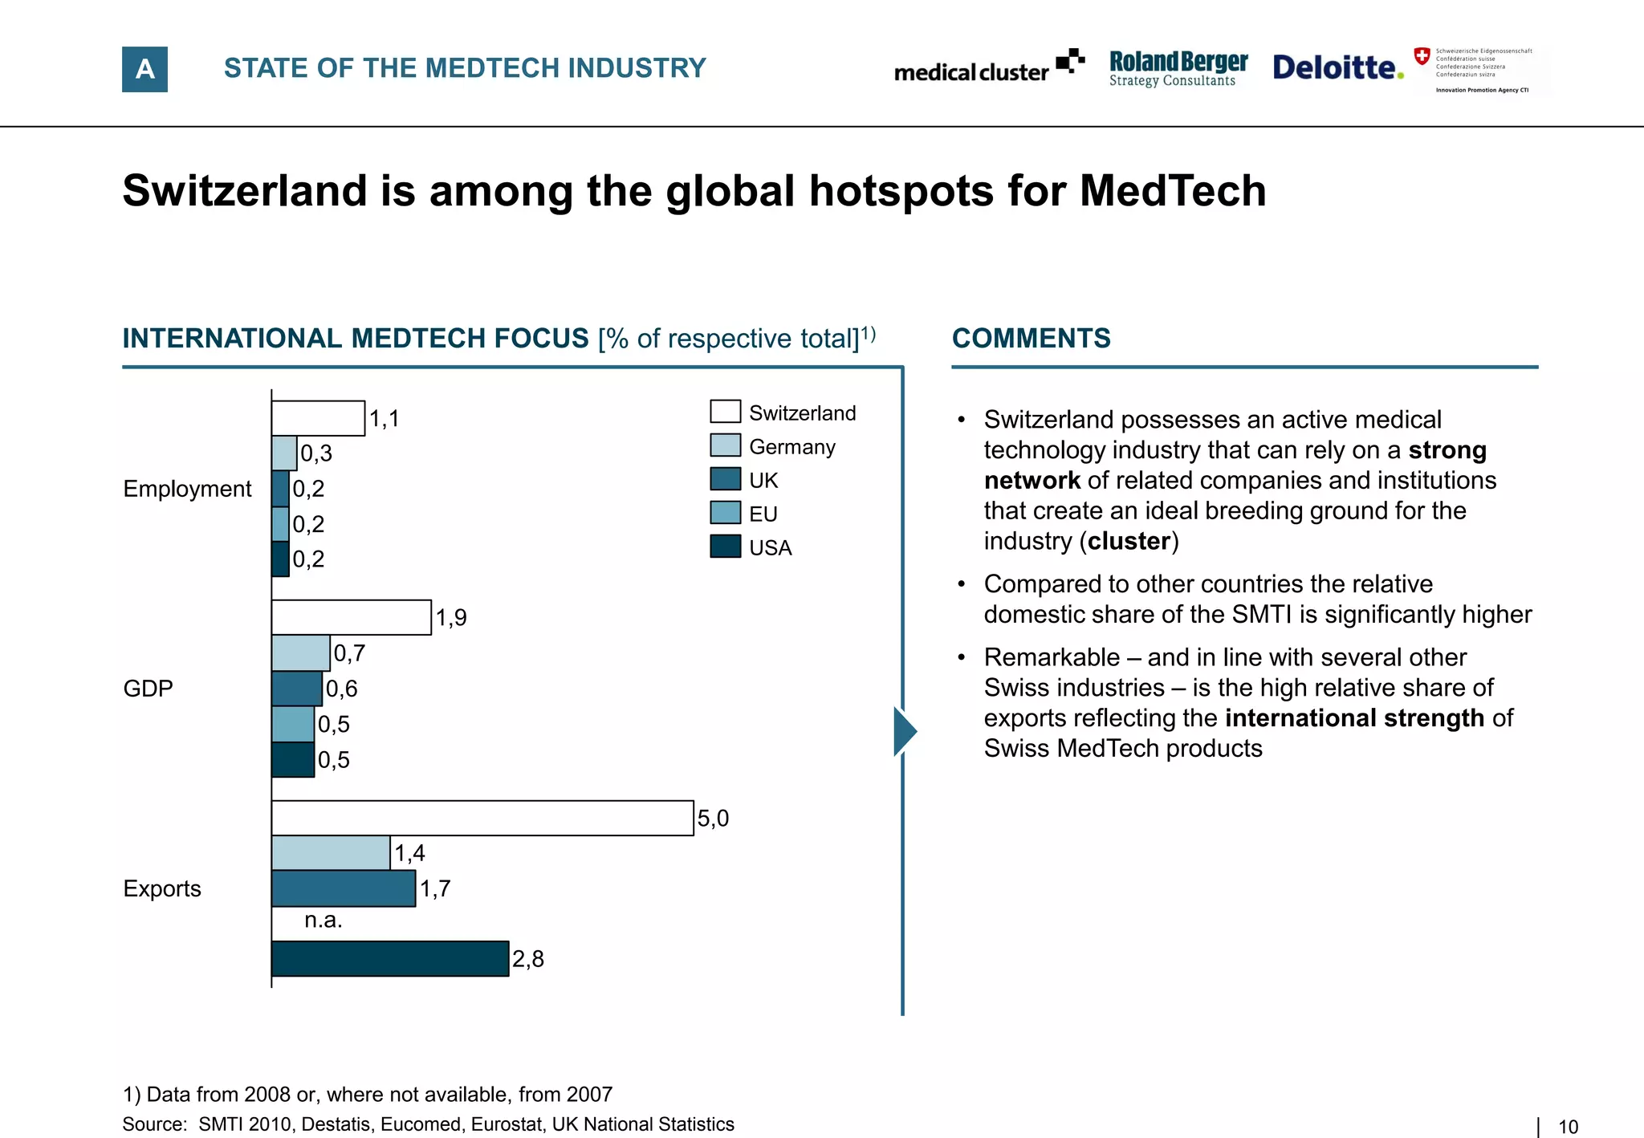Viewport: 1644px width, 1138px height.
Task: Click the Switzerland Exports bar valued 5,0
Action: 482,818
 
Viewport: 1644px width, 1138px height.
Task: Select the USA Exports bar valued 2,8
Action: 390,958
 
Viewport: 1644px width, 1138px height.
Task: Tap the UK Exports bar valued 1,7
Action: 344,888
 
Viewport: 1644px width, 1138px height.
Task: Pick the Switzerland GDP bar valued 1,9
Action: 351,617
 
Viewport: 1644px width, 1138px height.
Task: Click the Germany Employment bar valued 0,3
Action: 284,453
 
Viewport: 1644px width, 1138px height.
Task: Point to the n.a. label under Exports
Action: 323,921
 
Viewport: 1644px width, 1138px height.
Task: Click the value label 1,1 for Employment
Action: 384,419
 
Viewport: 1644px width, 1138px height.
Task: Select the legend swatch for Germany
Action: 725,445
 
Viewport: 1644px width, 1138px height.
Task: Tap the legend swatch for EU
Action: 725,513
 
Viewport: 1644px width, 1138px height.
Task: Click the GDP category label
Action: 148,689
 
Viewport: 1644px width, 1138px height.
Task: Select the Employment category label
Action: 187,489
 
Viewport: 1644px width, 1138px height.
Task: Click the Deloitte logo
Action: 1337,67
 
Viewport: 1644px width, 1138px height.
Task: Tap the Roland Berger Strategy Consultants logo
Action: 1178,68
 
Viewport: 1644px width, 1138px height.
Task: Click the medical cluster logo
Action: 988,68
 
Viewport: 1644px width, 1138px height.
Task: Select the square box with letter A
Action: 144,69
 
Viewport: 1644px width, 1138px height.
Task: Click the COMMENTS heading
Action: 1031,339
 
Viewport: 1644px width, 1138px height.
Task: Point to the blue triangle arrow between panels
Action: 904,731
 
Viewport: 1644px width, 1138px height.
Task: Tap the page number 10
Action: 1568,1127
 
